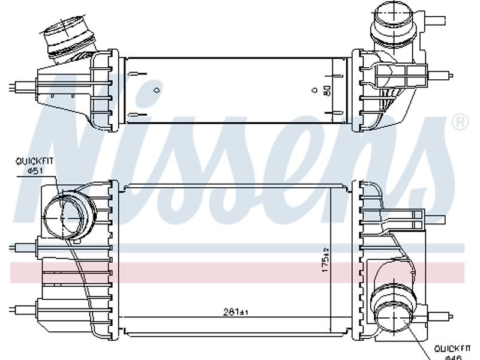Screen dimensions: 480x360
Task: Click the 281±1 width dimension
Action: (235, 312)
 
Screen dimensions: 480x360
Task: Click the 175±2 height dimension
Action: (325, 260)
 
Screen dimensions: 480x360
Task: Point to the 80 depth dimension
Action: (327, 91)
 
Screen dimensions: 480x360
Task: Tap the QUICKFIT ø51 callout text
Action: (35, 166)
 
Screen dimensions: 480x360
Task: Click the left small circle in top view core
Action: (157, 91)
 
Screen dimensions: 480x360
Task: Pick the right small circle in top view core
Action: (314, 91)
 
